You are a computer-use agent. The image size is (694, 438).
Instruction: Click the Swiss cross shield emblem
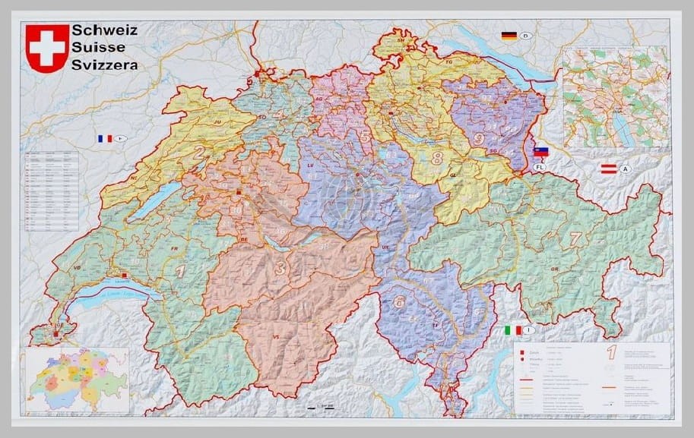(47, 47)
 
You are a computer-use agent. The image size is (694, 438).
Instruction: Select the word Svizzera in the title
(104, 65)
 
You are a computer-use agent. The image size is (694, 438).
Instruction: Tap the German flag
(509, 36)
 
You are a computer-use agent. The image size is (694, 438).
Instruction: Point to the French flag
(104, 139)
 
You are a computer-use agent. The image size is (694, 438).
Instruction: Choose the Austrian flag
(609, 169)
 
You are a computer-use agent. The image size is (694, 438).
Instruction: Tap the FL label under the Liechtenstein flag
(540, 166)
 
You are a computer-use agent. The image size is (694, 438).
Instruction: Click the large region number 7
(575, 239)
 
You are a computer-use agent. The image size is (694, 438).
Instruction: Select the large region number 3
(280, 267)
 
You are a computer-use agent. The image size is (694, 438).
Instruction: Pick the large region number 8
(436, 159)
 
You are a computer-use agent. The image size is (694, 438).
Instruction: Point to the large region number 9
(478, 139)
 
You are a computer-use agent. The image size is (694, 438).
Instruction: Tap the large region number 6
(399, 301)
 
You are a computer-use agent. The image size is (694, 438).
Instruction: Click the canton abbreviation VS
(277, 339)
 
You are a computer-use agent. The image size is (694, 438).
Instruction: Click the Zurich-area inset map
(614, 96)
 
